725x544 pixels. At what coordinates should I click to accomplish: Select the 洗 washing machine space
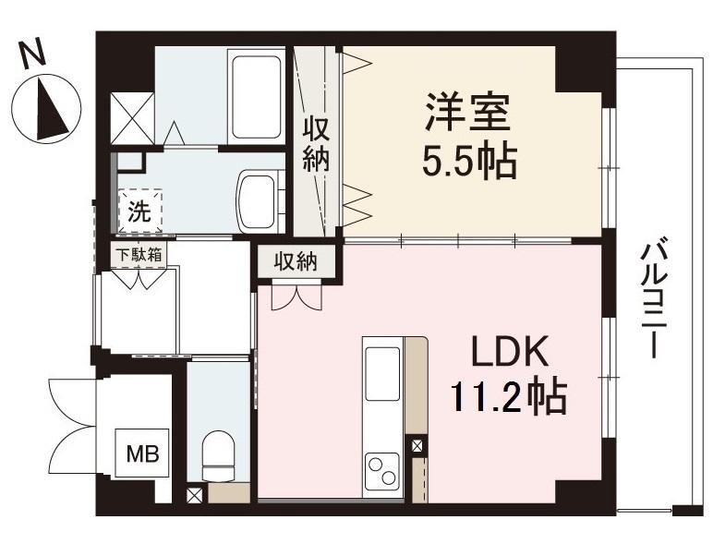pos(139,211)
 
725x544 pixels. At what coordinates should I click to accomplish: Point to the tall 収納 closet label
pos(316,143)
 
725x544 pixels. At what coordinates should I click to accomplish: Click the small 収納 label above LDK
pos(296,261)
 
